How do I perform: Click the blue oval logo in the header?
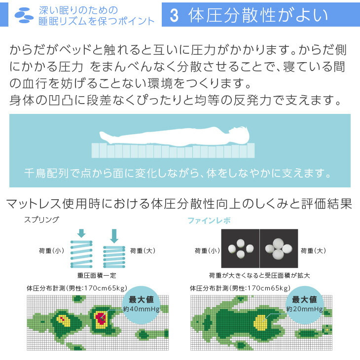coord(24,15)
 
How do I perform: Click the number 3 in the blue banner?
coord(174,16)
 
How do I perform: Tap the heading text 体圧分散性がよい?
coord(258,15)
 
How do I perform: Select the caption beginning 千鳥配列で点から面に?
coord(178,173)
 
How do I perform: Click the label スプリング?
coord(41,220)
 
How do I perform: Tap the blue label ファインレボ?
coord(209,220)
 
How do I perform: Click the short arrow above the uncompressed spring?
coord(81,233)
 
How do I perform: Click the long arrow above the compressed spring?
coord(114,236)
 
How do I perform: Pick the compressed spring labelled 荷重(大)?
coord(114,257)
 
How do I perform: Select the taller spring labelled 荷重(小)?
coord(81,254)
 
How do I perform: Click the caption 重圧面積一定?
coord(97,275)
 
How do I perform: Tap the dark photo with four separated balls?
coord(240,248)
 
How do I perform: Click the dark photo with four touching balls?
coord(279,248)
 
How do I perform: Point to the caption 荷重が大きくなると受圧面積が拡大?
coord(259,275)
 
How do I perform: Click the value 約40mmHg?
coord(141,309)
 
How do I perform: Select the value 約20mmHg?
coord(304,309)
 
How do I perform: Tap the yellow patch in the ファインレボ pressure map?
coord(260,323)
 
